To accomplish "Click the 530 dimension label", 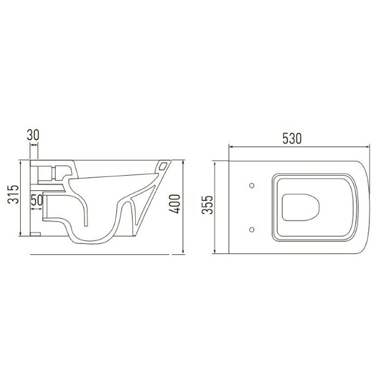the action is pyautogui.click(x=292, y=139).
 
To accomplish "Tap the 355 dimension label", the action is pyautogui.click(x=207, y=205).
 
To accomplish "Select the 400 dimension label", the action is pyautogui.click(x=175, y=204).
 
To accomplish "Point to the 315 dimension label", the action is pyautogui.click(x=13, y=194).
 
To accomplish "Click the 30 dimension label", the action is pyautogui.click(x=33, y=135).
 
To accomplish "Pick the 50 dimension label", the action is pyautogui.click(x=37, y=200).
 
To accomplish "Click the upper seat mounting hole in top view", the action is pyautogui.click(x=252, y=186).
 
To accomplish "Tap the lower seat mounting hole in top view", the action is pyautogui.click(x=252, y=230).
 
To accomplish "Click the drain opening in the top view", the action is pyautogui.click(x=301, y=207).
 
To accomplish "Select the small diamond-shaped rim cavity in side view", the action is pyautogui.click(x=163, y=166).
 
